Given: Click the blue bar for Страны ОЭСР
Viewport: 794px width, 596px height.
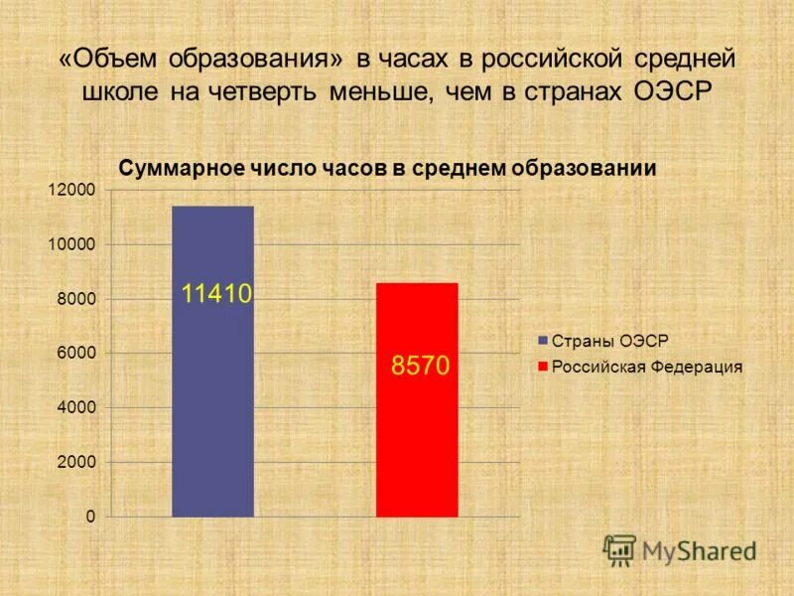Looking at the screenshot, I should tap(212, 397).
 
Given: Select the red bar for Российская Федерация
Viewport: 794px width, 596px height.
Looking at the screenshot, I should tap(417, 437).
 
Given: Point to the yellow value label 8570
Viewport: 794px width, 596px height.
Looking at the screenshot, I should tap(421, 367).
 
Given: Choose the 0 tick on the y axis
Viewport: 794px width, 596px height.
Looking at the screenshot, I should tap(90, 517).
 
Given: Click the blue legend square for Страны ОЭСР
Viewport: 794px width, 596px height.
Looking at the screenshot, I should tap(543, 341).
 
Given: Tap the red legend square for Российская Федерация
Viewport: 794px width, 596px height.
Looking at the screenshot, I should tap(543, 367).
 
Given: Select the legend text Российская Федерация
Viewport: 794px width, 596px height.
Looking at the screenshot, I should tap(647, 367).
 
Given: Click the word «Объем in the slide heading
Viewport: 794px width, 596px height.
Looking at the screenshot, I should tap(110, 60).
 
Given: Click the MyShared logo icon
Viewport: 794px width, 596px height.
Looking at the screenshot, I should tap(620, 548).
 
